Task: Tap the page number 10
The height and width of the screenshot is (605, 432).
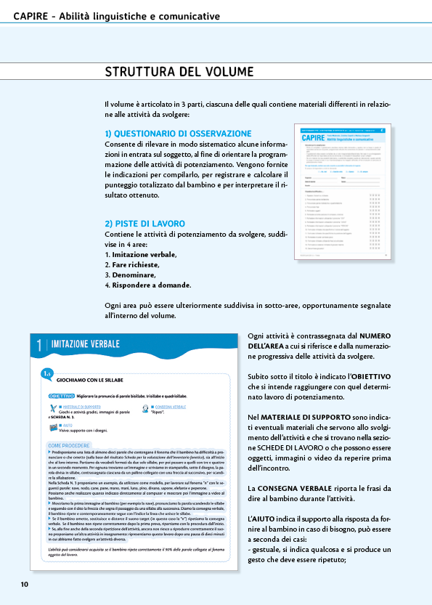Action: (x=24, y=584)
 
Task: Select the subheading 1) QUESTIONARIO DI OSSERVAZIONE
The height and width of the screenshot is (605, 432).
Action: (x=178, y=134)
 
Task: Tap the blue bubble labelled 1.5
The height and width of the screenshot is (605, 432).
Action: (x=46, y=374)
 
